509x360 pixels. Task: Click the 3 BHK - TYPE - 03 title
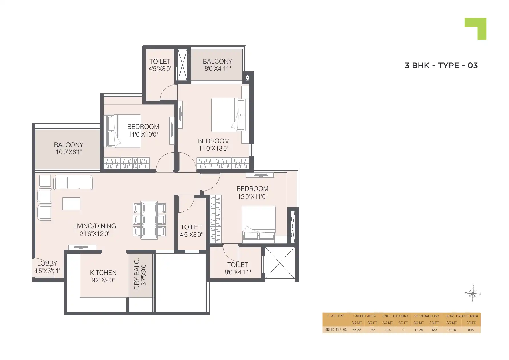pyautogui.click(x=441, y=66)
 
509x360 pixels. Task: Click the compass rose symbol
pyautogui.click(x=473, y=293)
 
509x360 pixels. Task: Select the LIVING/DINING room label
pyautogui.click(x=94, y=226)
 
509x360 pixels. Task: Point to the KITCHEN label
pyautogui.click(x=103, y=273)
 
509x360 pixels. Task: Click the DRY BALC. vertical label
pyautogui.click(x=137, y=274)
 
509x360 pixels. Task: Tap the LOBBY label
pyautogui.click(x=47, y=263)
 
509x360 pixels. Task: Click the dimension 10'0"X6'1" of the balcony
pyautogui.click(x=69, y=152)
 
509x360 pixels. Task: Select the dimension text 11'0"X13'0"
pyautogui.click(x=213, y=148)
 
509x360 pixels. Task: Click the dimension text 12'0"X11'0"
pyautogui.click(x=252, y=196)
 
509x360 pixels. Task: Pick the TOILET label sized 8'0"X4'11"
pyautogui.click(x=237, y=265)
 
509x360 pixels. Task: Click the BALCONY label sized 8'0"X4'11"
pyautogui.click(x=217, y=61)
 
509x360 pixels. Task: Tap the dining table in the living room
pyautogui.click(x=149, y=220)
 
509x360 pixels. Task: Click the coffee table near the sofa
pyautogui.click(x=71, y=204)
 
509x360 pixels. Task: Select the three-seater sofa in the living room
pyautogui.click(x=73, y=182)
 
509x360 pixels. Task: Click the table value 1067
pyautogui.click(x=471, y=330)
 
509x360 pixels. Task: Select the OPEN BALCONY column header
pyautogui.click(x=426, y=316)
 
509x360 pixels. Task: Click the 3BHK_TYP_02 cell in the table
pyautogui.click(x=336, y=329)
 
